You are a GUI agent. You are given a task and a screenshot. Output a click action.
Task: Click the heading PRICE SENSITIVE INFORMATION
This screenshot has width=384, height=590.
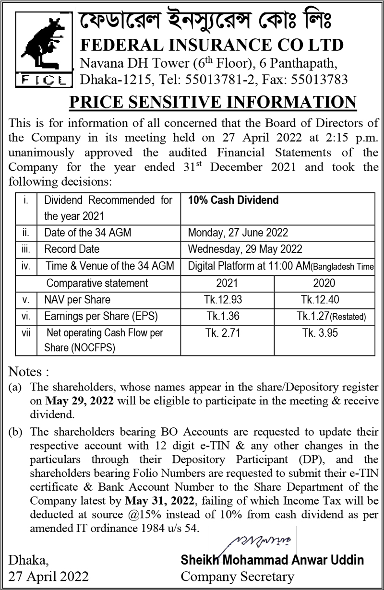coord(213,103)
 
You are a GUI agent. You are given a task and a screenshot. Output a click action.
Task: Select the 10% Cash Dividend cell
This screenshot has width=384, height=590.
coord(233,200)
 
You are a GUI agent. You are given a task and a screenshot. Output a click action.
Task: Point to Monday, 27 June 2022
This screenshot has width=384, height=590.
coord(238,233)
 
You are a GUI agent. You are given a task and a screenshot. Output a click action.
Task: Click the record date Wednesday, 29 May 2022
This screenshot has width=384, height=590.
coord(245,249)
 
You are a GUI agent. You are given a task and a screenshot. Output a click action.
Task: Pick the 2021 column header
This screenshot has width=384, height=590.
coord(227,283)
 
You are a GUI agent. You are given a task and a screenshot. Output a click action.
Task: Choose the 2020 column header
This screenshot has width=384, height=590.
coord(324,283)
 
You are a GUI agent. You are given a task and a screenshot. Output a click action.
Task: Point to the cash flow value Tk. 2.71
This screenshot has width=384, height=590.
coord(223,333)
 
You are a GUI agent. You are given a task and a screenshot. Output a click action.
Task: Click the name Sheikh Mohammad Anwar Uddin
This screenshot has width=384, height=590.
coord(272,560)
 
